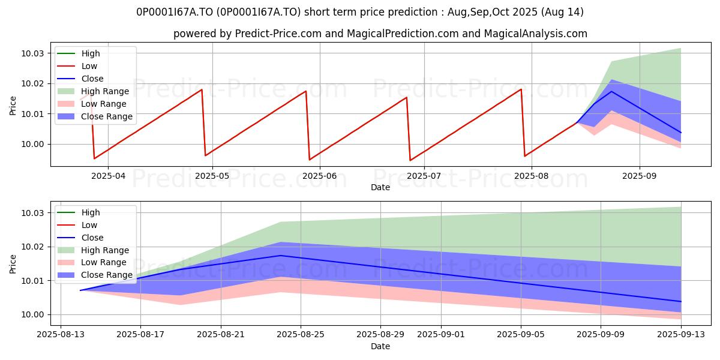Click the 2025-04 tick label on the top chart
click(108, 176)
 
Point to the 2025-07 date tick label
click(424, 176)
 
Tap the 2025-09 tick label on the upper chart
click(640, 176)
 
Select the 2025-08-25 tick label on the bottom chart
click(301, 335)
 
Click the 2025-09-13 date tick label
click(681, 335)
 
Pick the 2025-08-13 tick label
click(61, 335)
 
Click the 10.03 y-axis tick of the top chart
click(32, 53)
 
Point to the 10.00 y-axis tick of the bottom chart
click(32, 314)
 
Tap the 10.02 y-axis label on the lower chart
click(32, 247)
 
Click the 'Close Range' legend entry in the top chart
click(95, 116)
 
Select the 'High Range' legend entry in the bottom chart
click(93, 250)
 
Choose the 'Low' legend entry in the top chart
click(77, 66)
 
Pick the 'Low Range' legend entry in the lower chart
click(92, 262)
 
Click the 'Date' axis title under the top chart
click(380, 187)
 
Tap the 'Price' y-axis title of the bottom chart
click(13, 264)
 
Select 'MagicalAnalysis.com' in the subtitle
click(535, 34)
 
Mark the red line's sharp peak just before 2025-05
click(202, 89)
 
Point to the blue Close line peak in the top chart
click(611, 91)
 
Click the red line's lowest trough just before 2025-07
click(410, 160)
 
